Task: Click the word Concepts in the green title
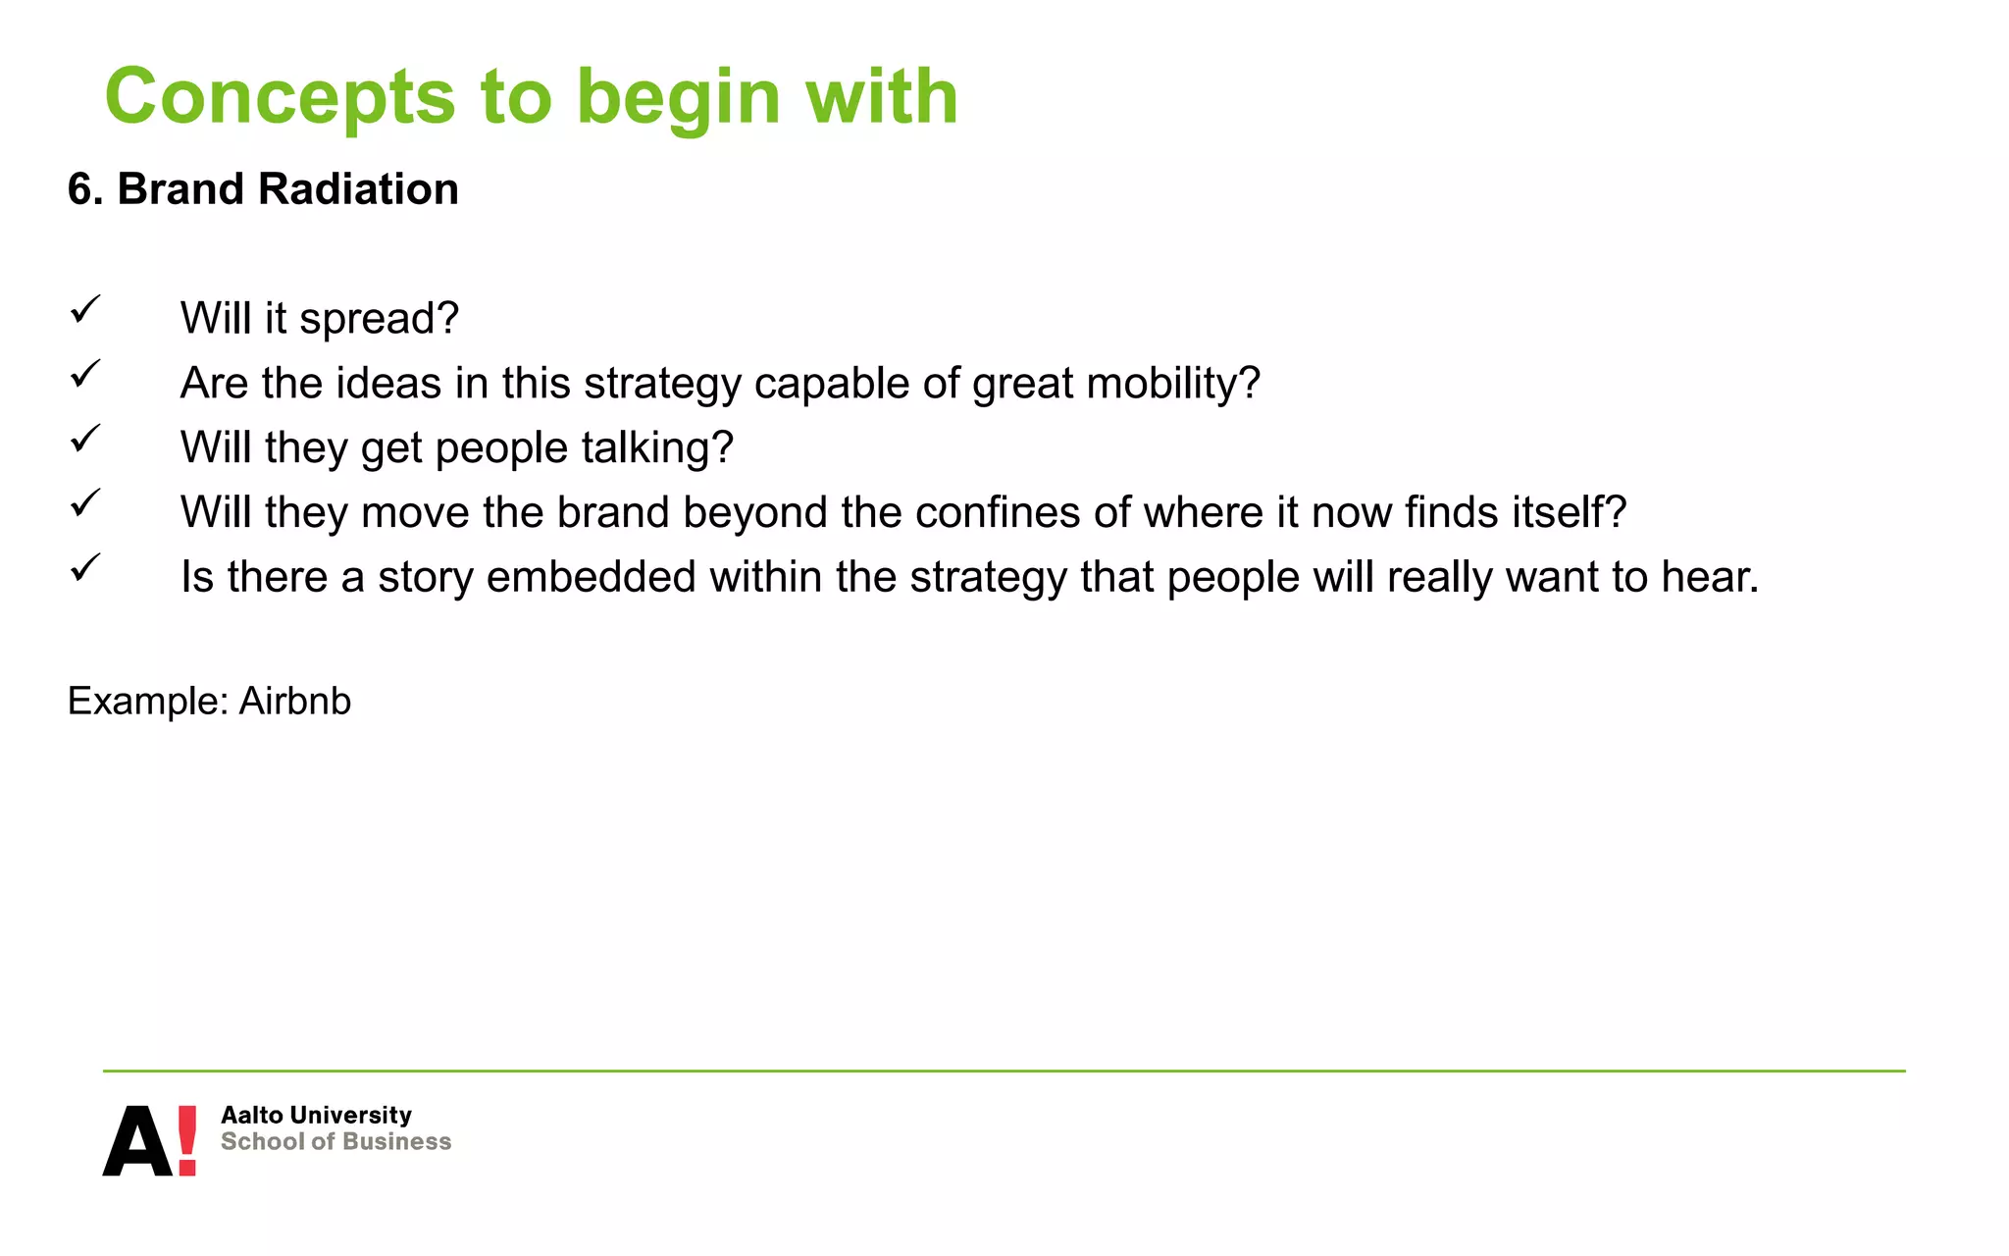(x=281, y=98)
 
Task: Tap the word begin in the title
(x=678, y=98)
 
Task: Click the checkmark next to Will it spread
(x=85, y=310)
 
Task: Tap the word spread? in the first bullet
(x=379, y=319)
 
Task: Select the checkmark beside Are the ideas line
(x=85, y=374)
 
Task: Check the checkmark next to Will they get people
(x=85, y=439)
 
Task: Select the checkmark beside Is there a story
(x=85, y=568)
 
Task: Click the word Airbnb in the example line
(x=294, y=702)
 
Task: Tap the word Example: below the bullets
(x=147, y=702)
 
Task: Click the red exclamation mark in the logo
(x=186, y=1140)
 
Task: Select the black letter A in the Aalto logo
(x=137, y=1143)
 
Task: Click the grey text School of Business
(x=335, y=1142)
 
